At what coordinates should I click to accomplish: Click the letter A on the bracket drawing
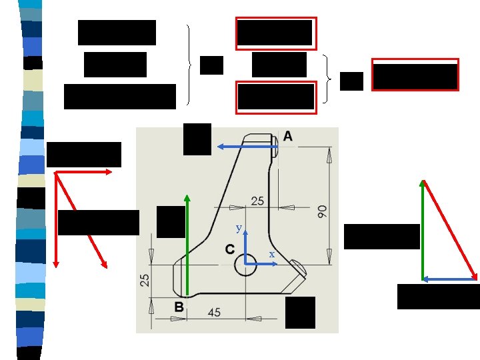click(287, 136)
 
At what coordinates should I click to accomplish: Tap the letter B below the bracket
click(179, 307)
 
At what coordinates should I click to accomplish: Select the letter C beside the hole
click(229, 249)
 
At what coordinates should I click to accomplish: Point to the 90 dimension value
click(322, 211)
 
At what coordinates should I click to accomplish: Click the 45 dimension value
click(215, 312)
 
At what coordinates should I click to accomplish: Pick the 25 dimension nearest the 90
click(257, 201)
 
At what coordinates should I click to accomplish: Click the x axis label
click(271, 254)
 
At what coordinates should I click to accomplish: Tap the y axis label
click(239, 228)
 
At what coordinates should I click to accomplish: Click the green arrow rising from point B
click(187, 243)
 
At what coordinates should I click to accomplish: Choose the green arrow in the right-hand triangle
click(423, 230)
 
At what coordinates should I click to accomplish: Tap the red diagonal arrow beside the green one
click(451, 230)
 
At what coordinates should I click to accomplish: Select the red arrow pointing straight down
click(56, 220)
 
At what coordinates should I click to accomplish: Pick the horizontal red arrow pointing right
click(83, 173)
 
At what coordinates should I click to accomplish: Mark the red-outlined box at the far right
click(415, 75)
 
